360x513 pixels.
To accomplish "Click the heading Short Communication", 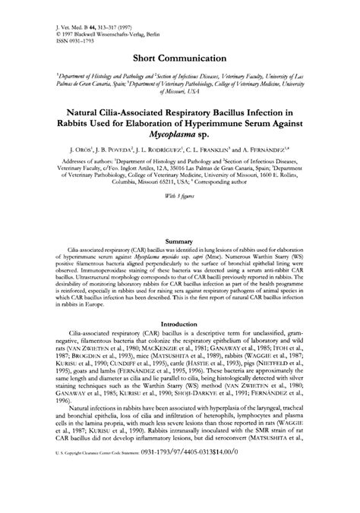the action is click(x=179, y=58).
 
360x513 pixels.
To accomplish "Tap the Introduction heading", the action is click(x=179, y=344).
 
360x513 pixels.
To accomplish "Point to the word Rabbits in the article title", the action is click(x=79, y=130).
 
